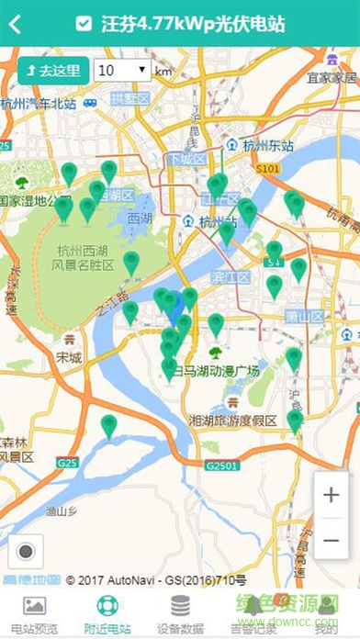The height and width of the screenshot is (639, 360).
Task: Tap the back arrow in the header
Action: (15, 24)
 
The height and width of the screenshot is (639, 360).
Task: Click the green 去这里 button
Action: (52, 70)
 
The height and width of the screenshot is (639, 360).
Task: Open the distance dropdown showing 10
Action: (121, 70)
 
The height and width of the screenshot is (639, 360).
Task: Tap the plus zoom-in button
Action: (331, 495)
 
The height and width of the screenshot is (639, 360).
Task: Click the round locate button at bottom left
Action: (26, 551)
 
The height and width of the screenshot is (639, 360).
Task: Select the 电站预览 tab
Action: (34, 613)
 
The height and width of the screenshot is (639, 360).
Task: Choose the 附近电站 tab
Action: (107, 613)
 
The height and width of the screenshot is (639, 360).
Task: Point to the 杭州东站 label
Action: (265, 144)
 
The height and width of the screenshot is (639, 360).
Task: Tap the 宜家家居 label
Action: (332, 78)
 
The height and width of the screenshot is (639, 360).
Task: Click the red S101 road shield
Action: (267, 170)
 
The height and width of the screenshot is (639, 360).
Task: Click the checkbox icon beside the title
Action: (84, 24)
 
